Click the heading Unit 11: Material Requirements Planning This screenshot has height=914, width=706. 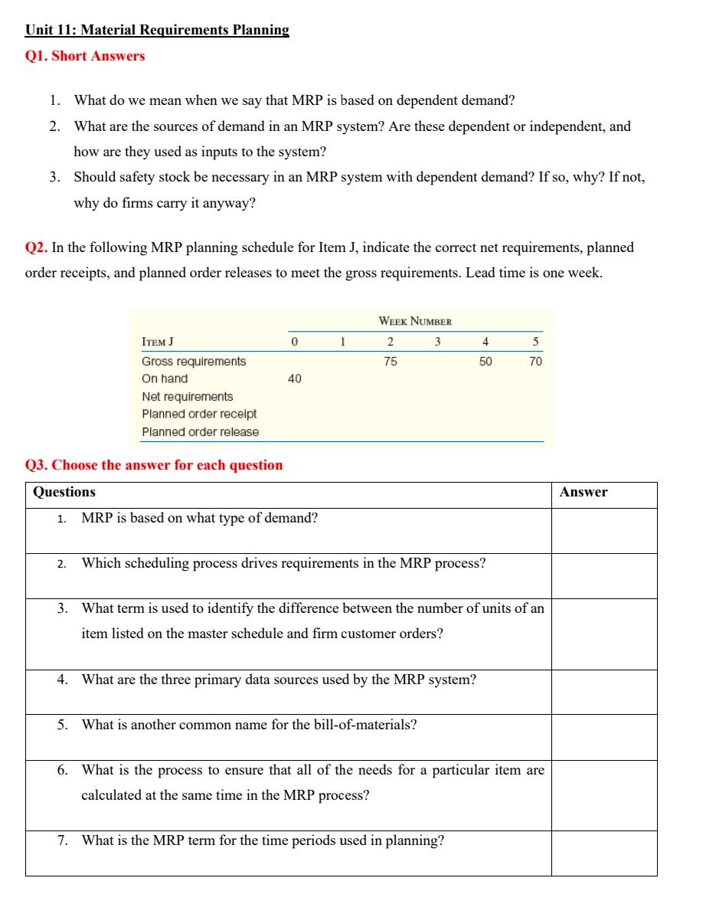pos(157,31)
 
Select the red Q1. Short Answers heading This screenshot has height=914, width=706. pos(85,56)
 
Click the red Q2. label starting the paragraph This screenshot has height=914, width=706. pos(36,247)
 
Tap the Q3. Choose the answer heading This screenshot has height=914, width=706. pos(154,465)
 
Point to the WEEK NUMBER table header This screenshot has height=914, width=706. pos(415,321)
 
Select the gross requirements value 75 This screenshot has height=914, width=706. pos(391,361)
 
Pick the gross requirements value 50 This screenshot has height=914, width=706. pos(485,361)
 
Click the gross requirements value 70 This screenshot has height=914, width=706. pos(535,361)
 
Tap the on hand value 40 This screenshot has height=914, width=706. pos(294,378)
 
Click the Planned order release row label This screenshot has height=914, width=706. pos(201,432)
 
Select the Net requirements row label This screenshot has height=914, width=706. pos(188,397)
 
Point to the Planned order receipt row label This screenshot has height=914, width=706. pos(199,414)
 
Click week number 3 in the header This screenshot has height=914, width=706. pos(438,342)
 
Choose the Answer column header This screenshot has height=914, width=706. pos(583,493)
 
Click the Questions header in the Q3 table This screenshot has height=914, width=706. pos(64,493)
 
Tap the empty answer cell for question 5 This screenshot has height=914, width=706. pos(603,737)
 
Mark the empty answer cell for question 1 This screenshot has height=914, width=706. pos(603,530)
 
